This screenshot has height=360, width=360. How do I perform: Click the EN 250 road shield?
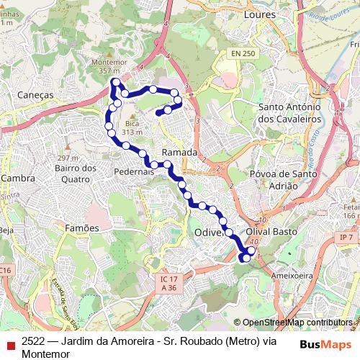point(244,54)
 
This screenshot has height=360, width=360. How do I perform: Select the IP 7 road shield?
point(346,237)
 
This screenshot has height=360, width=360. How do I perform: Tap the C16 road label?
point(6,269)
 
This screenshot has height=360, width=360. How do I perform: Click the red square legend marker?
point(9,344)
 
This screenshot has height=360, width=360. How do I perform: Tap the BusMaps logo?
point(325,344)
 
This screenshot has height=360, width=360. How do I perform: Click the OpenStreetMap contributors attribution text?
point(297,323)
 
